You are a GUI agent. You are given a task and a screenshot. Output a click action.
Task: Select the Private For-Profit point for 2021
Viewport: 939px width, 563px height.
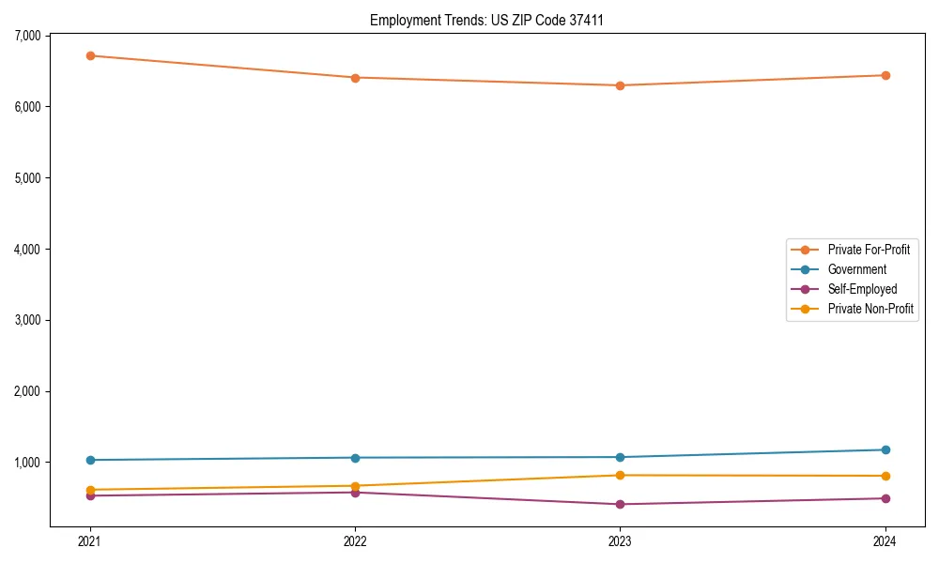coord(90,55)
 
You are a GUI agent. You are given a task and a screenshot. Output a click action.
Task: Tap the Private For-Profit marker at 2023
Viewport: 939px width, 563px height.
coord(620,85)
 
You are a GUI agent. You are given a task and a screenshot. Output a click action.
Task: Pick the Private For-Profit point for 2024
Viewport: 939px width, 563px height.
coord(885,75)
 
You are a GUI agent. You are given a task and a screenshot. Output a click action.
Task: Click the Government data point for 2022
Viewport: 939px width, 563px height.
coord(355,458)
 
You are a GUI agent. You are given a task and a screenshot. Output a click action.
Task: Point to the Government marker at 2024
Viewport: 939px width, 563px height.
coord(885,449)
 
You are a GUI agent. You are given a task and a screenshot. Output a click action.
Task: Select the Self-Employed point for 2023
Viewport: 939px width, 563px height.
coord(620,504)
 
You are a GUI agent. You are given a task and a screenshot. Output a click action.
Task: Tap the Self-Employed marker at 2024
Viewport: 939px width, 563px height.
coord(885,498)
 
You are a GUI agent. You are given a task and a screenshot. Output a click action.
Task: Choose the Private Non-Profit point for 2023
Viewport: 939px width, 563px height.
coord(620,475)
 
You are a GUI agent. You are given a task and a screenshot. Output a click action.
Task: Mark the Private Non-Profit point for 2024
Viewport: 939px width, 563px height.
coord(885,476)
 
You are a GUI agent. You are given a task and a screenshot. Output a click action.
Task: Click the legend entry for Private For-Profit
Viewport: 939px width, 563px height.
coord(868,250)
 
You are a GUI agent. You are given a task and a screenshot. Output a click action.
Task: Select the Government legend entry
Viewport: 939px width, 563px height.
coord(856,269)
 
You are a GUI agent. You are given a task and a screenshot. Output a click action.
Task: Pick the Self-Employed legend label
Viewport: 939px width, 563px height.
coord(862,289)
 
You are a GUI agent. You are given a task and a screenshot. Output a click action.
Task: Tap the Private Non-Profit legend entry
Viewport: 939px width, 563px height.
coord(870,309)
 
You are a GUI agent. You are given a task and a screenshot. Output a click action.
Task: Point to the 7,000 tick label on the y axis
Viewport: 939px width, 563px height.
coord(27,36)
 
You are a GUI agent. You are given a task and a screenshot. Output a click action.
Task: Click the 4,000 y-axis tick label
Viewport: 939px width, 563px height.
coord(27,249)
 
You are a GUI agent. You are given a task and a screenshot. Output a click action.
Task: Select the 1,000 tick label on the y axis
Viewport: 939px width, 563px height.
coord(27,463)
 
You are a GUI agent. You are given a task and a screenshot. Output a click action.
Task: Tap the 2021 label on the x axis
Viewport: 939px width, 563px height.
coord(90,540)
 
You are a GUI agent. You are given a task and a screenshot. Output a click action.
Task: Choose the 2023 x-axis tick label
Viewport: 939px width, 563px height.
coord(620,540)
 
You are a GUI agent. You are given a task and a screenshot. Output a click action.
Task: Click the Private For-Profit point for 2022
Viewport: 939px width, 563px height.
coord(355,78)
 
